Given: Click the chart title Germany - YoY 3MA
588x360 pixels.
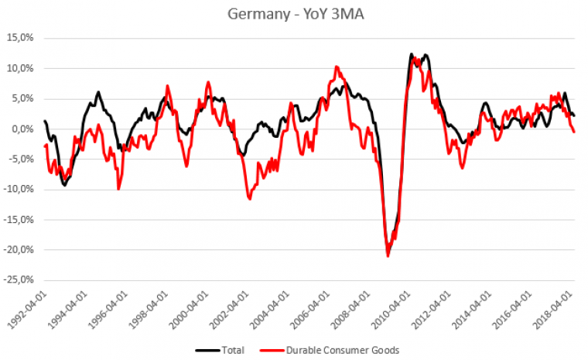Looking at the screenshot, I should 294,14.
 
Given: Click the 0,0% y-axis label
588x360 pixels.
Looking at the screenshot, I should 21,129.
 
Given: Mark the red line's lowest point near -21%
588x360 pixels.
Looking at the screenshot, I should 388,255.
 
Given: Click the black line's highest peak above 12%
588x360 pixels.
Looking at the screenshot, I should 412,54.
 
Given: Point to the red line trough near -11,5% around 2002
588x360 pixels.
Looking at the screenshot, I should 250,199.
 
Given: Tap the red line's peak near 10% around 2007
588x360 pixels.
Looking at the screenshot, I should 337,67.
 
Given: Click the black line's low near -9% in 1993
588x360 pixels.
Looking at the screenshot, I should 64,185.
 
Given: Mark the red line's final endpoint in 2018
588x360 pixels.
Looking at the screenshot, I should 573,132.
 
